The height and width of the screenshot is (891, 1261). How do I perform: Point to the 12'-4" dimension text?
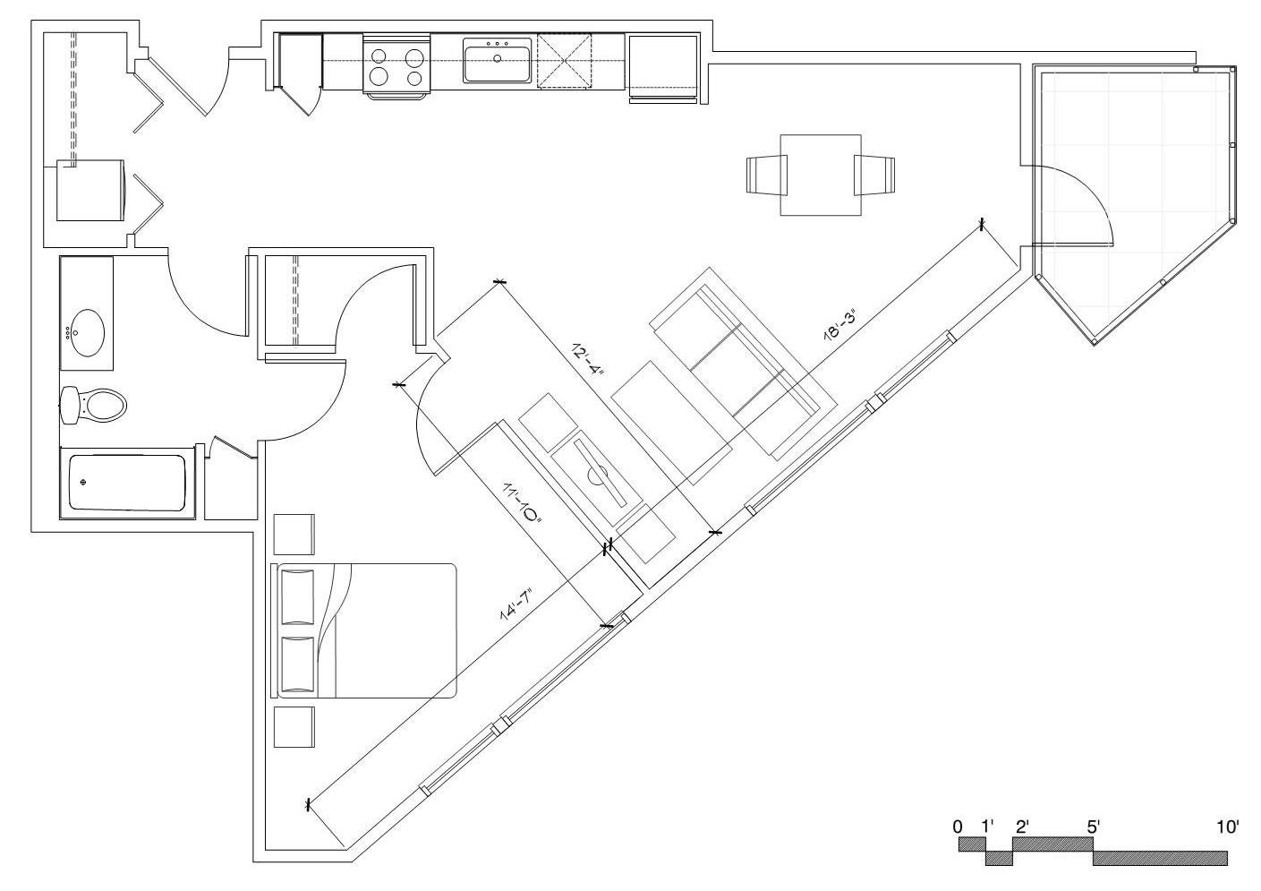pos(588,361)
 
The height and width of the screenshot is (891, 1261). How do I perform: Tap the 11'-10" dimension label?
pos(522,506)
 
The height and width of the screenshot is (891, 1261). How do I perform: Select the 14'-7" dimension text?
pos(515,604)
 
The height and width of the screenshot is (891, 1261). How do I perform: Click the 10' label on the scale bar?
pos(1228,827)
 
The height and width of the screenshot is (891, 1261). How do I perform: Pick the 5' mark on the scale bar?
pos(1094,827)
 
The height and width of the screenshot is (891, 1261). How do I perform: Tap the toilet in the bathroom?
pos(93,405)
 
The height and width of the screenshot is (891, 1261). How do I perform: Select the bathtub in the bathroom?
pos(127,483)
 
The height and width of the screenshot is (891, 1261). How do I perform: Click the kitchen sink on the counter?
pos(497,60)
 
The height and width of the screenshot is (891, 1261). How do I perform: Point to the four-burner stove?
pos(396,66)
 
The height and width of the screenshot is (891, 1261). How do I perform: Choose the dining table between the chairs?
pos(821,175)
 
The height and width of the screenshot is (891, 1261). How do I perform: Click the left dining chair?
pos(767,176)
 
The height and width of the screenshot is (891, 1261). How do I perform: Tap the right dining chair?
pos(874,175)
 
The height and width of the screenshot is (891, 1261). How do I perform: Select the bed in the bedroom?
pos(363,630)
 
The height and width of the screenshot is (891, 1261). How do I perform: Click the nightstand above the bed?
pos(294,535)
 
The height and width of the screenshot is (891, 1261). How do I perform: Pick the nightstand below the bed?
pos(294,727)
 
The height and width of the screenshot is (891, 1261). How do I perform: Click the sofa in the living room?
pos(743,364)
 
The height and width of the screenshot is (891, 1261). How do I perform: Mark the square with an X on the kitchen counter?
pos(565,61)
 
